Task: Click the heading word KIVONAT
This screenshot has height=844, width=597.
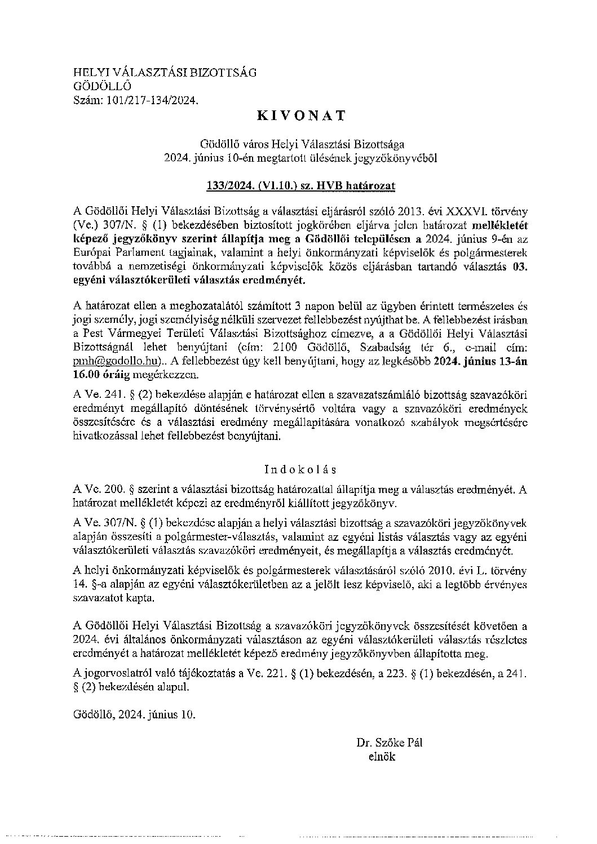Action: (300, 116)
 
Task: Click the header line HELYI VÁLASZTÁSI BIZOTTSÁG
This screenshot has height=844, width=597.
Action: (165, 73)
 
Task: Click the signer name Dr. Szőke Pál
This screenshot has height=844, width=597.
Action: (389, 743)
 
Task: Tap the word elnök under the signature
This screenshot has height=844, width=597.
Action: (382, 757)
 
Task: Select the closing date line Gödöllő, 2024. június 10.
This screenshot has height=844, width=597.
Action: (134, 715)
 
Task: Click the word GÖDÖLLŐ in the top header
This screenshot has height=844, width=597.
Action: (102, 86)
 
